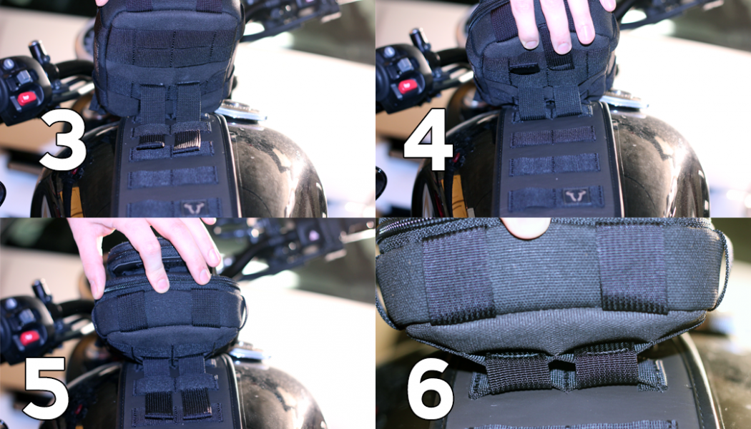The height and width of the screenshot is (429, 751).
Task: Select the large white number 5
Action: pos(46,388)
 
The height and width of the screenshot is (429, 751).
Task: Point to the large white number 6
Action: pos(430,388)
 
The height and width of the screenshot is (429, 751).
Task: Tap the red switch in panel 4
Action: pos(408,87)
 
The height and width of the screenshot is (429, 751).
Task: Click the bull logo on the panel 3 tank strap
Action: pos(195,208)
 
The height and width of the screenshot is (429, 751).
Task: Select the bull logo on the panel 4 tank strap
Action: pos(576,196)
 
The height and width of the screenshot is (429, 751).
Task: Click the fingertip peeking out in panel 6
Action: pos(526,227)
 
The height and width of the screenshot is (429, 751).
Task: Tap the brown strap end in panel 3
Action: pos(187,141)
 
